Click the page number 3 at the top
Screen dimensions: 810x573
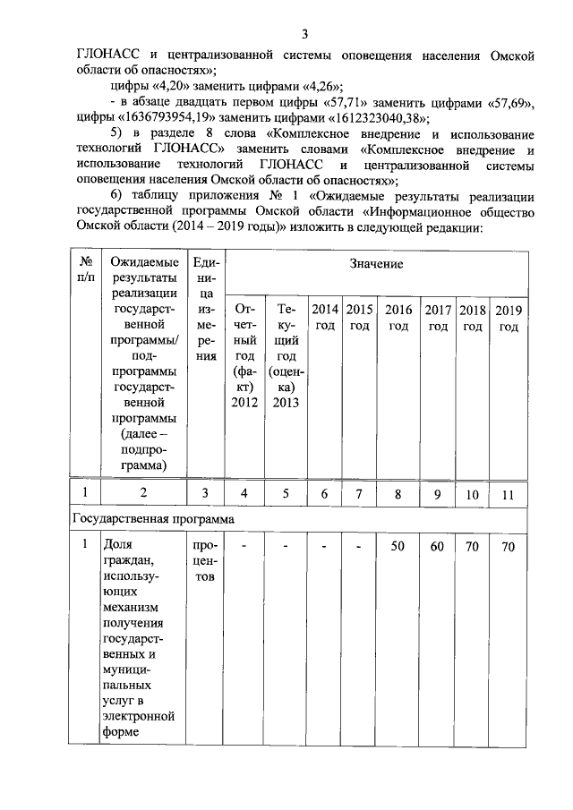coord(304,34)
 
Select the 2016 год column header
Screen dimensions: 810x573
coord(398,317)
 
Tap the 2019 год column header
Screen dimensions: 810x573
coord(509,317)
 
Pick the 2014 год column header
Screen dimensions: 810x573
coord(325,317)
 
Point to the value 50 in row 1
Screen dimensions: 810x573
coord(398,546)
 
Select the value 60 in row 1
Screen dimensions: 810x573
coord(437,546)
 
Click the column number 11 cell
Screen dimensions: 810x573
coord(509,493)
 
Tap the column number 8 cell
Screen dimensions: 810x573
coord(398,493)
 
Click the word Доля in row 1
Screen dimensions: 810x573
coord(115,545)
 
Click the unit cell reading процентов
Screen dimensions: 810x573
coord(203,560)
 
